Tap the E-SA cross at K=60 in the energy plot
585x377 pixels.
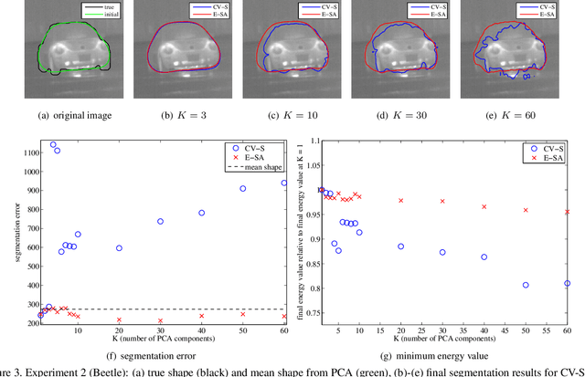click(567, 212)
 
